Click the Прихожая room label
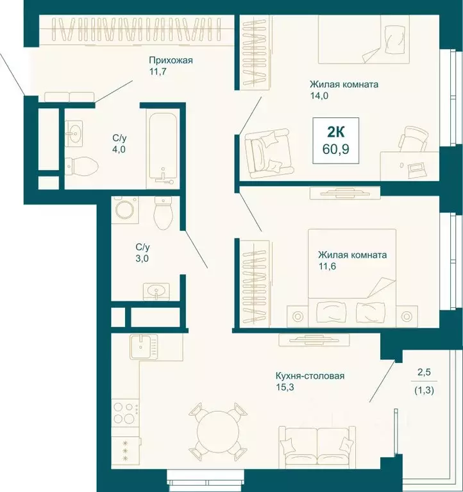coord(171,60)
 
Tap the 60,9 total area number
coord(335,149)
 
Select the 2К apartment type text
coord(335,132)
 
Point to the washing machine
coord(125,210)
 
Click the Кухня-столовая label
coord(310,376)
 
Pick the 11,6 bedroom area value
coord(327,266)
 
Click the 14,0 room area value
coord(319,96)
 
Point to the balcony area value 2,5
coord(424,372)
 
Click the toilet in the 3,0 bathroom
coord(163,213)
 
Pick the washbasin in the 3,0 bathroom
coord(156,291)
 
